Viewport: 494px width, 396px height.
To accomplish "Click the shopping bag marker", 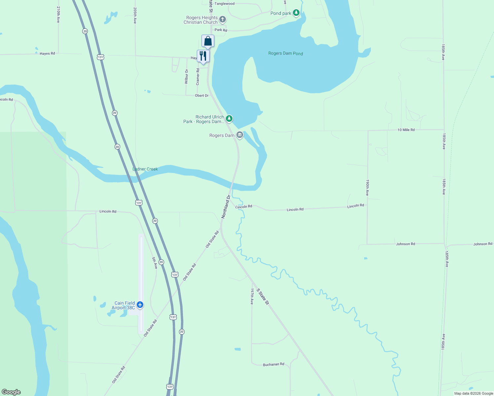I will click(208, 41).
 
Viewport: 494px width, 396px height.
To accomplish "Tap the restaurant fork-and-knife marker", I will click(203, 56).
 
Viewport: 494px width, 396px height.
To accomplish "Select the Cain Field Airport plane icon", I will click(140, 305).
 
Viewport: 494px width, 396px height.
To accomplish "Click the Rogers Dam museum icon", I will click(240, 135).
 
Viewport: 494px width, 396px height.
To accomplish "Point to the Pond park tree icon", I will click(296, 13).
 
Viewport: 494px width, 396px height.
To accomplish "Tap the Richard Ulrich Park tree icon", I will click(229, 118).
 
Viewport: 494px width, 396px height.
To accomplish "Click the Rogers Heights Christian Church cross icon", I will click(223, 19).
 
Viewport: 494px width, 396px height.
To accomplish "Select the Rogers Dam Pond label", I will click(285, 53).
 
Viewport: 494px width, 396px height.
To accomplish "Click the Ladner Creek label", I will click(145, 169).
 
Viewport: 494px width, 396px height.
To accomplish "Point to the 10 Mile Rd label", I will click(406, 130).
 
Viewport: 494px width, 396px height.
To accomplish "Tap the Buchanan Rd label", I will click(273, 364).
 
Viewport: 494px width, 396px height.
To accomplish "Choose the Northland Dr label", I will click(226, 207).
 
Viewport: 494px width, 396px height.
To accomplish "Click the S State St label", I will click(263, 297).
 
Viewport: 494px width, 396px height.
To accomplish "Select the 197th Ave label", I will click(252, 296).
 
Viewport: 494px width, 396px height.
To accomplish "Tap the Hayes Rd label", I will click(47, 53).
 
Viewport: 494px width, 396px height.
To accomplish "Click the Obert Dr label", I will click(202, 96).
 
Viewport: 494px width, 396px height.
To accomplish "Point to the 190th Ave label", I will click(367, 188).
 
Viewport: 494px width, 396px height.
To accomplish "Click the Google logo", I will click(11, 392).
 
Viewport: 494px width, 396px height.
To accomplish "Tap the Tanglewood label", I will click(225, 4).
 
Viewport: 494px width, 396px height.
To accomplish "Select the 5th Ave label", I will click(155, 263).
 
